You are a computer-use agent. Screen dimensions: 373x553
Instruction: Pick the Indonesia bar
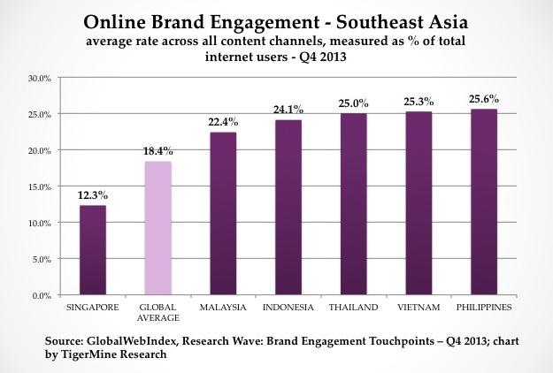click(288, 207)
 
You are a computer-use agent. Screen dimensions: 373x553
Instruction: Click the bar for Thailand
click(354, 203)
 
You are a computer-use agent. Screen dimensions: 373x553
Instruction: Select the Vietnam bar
click(419, 202)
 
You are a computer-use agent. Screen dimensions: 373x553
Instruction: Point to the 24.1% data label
click(288, 110)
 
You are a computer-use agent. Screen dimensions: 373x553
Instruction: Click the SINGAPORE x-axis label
click(93, 307)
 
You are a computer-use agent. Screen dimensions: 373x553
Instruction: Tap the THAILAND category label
click(354, 307)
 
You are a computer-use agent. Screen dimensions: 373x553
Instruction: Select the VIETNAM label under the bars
click(419, 307)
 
